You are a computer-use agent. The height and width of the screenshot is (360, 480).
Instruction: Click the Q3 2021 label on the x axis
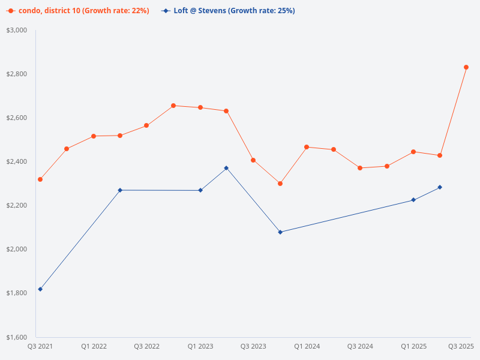click(40, 346)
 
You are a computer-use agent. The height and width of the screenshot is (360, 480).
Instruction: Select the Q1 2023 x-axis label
click(200, 346)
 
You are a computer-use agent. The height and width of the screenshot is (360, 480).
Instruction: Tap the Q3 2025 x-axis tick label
click(461, 346)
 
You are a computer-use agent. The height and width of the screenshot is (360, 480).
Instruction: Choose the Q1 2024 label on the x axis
click(307, 346)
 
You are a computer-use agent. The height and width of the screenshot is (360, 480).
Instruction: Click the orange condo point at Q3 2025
click(466, 67)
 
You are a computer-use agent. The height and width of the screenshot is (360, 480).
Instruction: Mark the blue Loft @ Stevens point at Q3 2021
click(40, 289)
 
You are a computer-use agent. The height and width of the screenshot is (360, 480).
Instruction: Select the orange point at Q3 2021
click(40, 179)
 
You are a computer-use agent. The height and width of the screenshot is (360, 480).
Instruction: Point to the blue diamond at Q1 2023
click(200, 190)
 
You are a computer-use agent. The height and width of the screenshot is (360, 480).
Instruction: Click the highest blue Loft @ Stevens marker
click(226, 168)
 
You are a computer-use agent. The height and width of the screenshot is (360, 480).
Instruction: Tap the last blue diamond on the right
click(440, 187)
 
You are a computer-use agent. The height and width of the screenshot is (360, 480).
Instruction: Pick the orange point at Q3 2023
click(253, 160)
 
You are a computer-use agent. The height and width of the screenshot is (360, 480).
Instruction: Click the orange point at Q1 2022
click(94, 136)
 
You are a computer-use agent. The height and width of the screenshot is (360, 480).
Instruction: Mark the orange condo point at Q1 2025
click(413, 152)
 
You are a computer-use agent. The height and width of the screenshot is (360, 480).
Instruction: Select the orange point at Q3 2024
click(360, 168)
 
